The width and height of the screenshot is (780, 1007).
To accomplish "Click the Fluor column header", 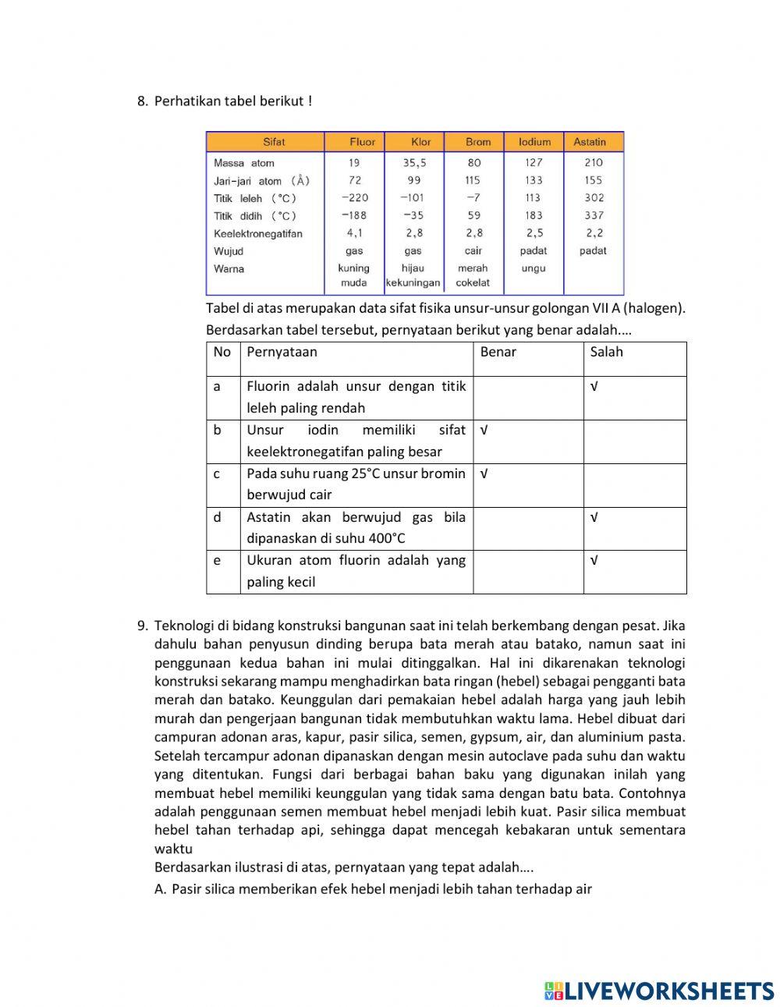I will coord(362,142).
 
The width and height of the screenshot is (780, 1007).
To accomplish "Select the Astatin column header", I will coord(589,142).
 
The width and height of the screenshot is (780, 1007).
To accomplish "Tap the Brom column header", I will coord(478,142).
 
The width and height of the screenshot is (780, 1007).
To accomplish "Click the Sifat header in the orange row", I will coord(274,142).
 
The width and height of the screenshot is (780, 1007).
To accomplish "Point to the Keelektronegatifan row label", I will coord(257,233).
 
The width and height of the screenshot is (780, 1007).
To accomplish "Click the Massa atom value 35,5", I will coord(414,163).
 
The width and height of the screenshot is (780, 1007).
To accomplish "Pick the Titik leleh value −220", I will coord(355,198).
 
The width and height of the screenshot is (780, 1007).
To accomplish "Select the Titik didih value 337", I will coord(593,215).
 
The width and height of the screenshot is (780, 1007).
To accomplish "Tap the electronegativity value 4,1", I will coord(355,233).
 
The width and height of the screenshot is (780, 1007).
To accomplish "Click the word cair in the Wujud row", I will coord(473,251).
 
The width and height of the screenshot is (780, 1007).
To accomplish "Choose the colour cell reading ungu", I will coord(534,268).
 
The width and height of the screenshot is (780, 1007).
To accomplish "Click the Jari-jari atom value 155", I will coord(593,180).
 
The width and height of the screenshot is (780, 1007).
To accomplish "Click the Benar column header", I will coord(498,352).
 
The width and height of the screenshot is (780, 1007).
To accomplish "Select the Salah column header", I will coord(606,352).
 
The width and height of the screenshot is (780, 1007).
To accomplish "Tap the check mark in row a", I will coord(594,387).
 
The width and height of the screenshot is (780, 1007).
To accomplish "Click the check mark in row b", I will coord(484,431).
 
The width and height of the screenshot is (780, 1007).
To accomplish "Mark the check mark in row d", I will coord(594,518).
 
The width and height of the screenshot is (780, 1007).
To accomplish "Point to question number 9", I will coord(142,626).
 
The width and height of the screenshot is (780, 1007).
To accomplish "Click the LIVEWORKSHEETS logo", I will coord(659,990).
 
